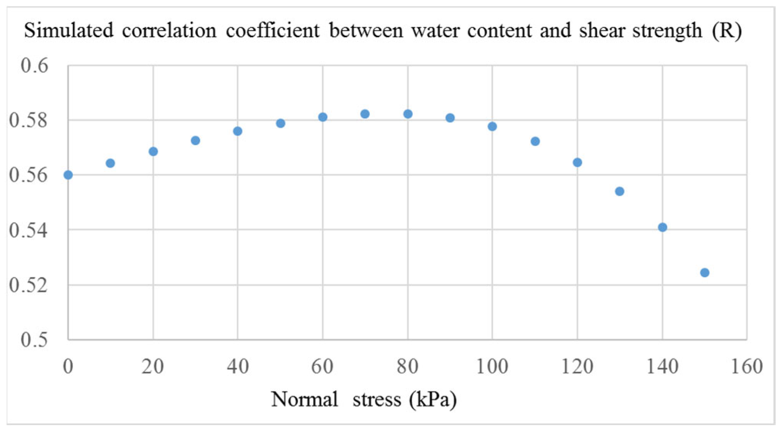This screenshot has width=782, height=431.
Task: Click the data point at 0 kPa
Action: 68,175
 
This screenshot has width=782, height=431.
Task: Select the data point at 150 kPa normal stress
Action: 705,272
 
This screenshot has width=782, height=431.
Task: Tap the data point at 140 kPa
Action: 662,227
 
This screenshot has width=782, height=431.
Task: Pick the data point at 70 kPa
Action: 365,114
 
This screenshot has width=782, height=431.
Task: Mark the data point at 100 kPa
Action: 492,126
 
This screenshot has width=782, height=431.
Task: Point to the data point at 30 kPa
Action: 195,141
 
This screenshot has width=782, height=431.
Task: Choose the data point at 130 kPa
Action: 619,191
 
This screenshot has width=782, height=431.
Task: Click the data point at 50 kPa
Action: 280,123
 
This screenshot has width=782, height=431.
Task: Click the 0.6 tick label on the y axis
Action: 34,66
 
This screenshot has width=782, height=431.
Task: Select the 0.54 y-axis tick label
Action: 29,230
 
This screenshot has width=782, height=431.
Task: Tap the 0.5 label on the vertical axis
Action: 34,340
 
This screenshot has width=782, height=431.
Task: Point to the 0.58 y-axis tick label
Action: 29,120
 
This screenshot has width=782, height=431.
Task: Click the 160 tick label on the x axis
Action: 747,366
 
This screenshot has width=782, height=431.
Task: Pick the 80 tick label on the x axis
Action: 407,366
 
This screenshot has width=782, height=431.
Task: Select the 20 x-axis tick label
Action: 153,366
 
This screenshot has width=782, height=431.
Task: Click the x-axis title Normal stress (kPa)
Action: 364,399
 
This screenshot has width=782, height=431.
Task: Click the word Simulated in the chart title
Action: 69,30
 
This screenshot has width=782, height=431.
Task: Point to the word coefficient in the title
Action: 273,30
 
